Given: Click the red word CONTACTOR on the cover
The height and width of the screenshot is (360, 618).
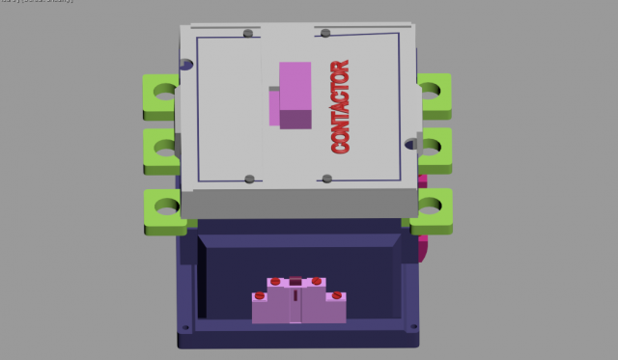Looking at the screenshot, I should (x=339, y=107).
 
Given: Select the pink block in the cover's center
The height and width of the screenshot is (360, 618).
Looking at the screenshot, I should (x=294, y=95).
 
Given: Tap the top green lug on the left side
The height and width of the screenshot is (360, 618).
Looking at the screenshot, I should (x=161, y=94).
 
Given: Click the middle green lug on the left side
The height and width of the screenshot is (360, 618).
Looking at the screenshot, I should (x=162, y=149).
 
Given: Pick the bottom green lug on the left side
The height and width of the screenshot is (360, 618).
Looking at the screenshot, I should (x=165, y=208).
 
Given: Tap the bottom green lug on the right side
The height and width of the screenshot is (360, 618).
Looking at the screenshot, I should (x=434, y=207).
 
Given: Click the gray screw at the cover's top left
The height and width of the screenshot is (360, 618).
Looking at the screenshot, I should (x=249, y=34).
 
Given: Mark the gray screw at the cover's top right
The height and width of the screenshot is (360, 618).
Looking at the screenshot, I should (x=325, y=34).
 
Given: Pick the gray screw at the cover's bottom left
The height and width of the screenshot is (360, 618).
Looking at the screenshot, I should (x=250, y=179).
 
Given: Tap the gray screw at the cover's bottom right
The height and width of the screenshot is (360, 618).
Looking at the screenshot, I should (x=327, y=179).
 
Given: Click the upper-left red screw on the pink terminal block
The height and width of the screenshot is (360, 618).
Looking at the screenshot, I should (x=275, y=281).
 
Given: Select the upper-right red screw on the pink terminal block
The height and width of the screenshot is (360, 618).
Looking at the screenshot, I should (x=316, y=281).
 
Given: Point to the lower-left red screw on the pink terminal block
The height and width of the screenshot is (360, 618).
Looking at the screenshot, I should (x=258, y=294).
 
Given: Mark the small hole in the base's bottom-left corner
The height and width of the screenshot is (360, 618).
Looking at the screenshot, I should (x=186, y=329).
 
